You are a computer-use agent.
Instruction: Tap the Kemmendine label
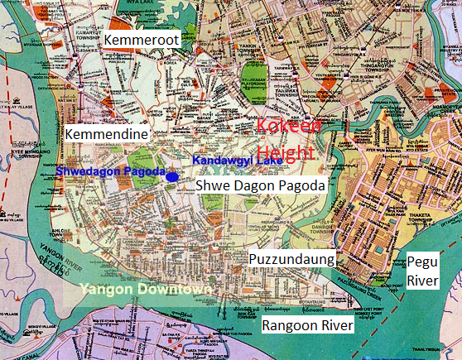106,134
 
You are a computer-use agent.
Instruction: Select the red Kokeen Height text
286,140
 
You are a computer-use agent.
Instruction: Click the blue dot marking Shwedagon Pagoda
171,176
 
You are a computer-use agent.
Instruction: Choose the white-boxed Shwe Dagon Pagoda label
260,186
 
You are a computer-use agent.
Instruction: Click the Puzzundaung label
291,258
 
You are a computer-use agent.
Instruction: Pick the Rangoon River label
307,326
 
